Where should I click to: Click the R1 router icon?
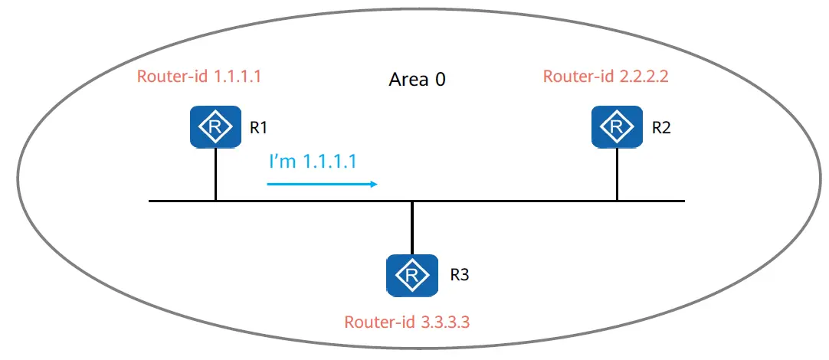click(216, 127)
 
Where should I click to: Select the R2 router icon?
click(617, 127)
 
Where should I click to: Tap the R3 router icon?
click(412, 276)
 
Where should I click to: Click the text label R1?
click(257, 128)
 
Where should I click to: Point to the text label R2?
click(661, 128)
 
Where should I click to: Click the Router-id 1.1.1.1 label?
click(199, 77)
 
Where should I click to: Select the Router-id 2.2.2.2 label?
click(606, 77)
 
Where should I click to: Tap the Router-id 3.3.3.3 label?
click(407, 322)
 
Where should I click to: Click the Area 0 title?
click(417, 80)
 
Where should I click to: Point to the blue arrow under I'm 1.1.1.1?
click(323, 184)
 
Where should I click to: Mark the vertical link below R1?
click(216, 174)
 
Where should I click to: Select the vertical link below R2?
click(617, 174)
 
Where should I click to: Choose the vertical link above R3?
click(412, 227)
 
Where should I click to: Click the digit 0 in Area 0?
click(440, 80)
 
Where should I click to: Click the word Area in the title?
click(408, 80)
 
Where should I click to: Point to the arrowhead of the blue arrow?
click(375, 184)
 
